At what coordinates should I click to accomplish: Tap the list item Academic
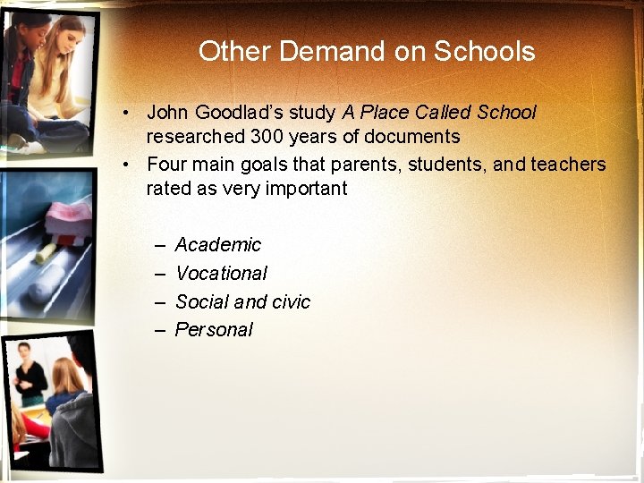tap(218, 245)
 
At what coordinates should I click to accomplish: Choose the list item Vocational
tap(221, 274)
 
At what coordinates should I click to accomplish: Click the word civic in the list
tap(291, 301)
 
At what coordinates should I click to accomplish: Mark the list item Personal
tap(214, 330)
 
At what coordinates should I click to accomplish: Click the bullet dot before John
tap(130, 113)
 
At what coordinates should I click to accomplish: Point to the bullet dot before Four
tap(130, 165)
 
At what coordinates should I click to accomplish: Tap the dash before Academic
tap(159, 245)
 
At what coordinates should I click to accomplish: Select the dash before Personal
tap(159, 330)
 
